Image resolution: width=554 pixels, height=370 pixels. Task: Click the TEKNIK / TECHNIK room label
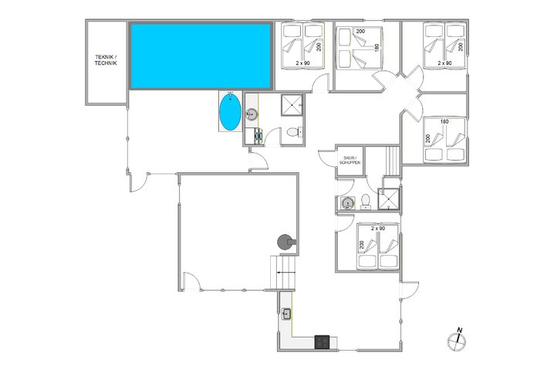(x=105, y=62)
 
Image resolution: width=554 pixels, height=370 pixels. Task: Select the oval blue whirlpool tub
(x=230, y=113)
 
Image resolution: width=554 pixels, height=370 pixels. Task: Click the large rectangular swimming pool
(x=201, y=56)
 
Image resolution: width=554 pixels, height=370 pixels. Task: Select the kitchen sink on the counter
(x=286, y=314)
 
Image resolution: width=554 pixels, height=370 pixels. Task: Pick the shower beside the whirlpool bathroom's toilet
(x=292, y=107)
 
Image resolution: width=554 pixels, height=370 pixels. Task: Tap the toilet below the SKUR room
(x=366, y=202)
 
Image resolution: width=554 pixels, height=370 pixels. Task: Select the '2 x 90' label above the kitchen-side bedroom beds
(x=378, y=229)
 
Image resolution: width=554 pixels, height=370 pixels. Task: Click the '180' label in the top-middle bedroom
(x=377, y=46)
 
